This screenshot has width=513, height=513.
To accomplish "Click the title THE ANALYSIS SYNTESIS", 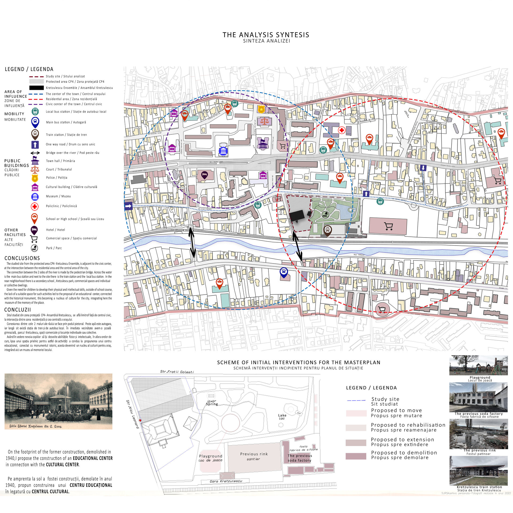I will point(266,35).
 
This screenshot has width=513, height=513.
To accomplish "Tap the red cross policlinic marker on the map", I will point(341,130).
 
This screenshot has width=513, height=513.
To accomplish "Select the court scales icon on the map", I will point(264,121).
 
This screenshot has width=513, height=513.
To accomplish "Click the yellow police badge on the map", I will point(261,109).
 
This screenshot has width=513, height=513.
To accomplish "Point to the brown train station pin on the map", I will point(328,230).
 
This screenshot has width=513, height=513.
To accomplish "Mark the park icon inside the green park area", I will point(325,214).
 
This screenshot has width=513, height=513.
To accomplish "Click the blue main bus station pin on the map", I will point(284,272).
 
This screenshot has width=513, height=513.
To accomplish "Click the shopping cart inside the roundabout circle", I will point(382,309).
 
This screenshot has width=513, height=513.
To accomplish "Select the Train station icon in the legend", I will point(35,134).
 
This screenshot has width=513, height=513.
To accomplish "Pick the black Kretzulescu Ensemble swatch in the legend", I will point(36,88).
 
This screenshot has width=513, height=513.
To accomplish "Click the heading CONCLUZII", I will point(18,310).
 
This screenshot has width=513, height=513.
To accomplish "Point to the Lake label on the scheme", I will point(282,415).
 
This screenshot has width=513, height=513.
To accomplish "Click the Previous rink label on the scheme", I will point(254,454).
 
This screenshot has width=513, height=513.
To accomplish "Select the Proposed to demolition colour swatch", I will point(356,456).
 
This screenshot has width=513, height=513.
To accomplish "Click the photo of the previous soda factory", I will point(478,397).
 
